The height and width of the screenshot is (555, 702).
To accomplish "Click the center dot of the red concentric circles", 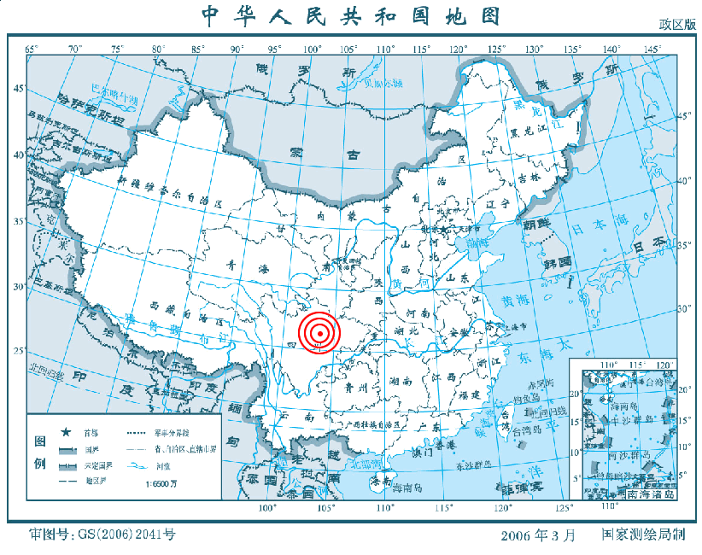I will [319, 333].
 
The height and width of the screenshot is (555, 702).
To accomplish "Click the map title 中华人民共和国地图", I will [350, 15].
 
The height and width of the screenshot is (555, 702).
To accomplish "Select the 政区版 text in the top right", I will [676, 25].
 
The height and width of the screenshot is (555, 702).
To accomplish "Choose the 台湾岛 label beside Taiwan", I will [525, 432].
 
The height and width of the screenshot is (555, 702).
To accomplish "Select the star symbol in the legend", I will [66, 432].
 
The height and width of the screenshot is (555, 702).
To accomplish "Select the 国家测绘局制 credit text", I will [643, 535].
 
